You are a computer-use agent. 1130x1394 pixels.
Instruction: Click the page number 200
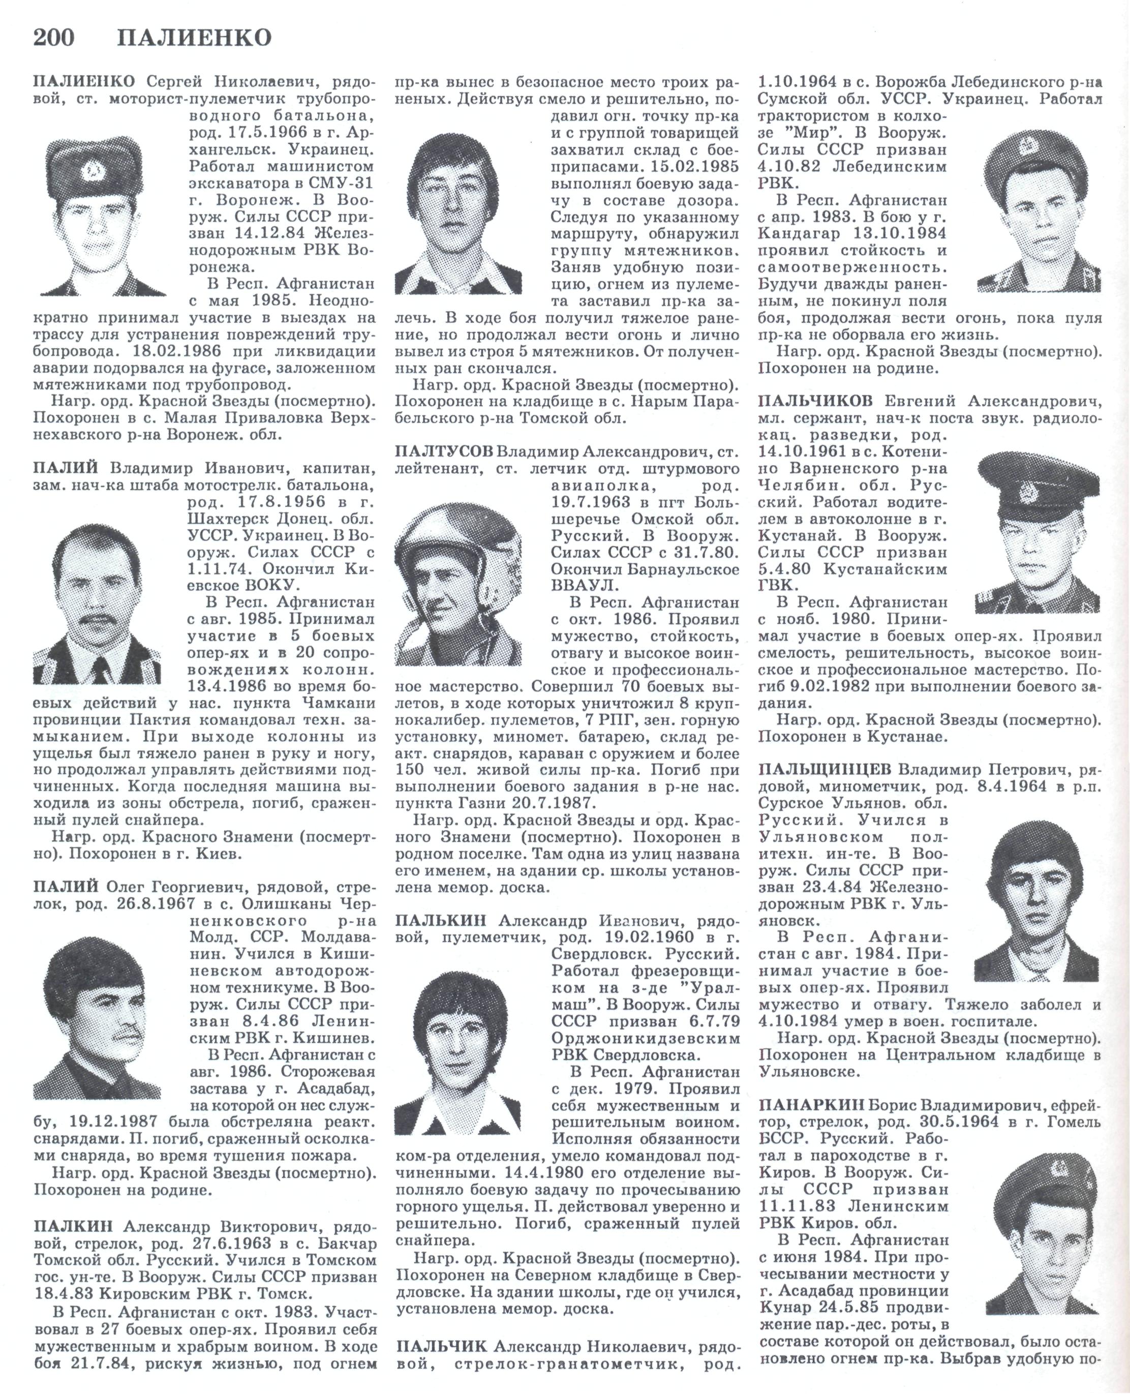(54, 39)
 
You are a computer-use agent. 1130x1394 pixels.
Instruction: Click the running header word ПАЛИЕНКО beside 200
(194, 39)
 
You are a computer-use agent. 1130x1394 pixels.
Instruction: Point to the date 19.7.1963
(591, 502)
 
